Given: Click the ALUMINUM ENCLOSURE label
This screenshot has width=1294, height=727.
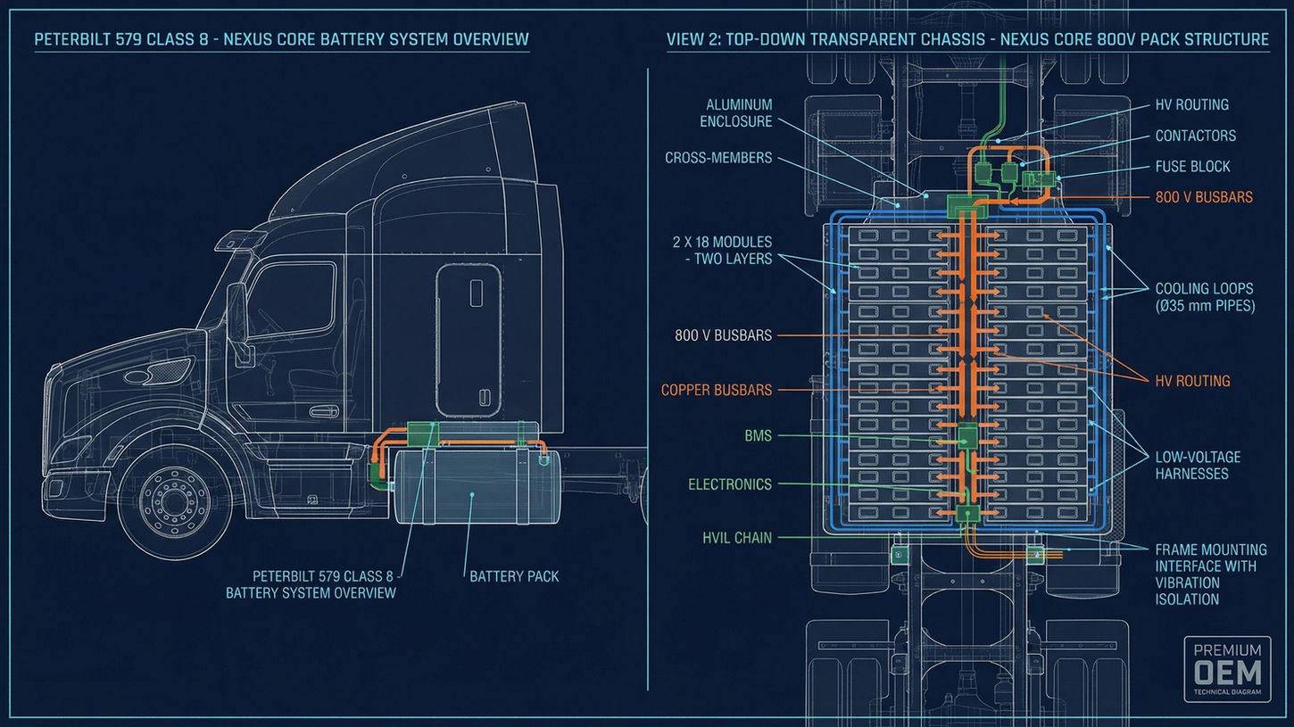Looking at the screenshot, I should [x=739, y=112].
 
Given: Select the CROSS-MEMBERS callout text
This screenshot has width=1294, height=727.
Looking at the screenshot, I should [x=718, y=158].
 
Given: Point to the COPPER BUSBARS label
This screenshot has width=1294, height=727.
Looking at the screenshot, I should [x=717, y=390].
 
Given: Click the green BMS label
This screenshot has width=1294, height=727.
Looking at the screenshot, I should [x=758, y=436].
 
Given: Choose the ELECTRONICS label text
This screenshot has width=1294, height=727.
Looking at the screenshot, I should [x=729, y=484].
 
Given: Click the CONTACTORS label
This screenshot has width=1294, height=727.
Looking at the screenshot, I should [x=1195, y=136].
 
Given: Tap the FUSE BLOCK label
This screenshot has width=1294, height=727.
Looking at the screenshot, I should [x=1192, y=166].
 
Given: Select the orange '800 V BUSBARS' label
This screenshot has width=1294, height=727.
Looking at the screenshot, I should [x=1204, y=197].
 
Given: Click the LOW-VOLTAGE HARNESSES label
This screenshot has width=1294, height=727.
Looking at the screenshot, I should [x=1198, y=465].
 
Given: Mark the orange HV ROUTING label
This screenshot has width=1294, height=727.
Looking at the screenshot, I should [x=1192, y=381].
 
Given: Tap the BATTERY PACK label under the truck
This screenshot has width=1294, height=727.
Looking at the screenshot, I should [x=514, y=575].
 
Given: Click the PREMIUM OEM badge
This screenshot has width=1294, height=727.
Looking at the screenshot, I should [x=1227, y=669].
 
